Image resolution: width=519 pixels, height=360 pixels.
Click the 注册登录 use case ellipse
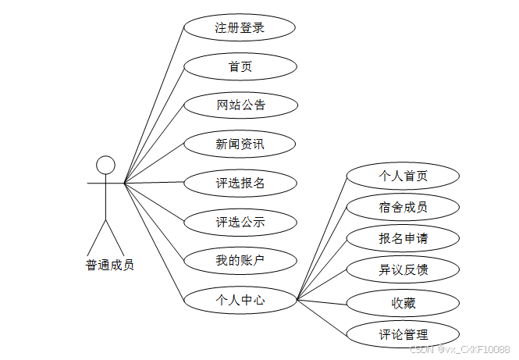[x=240, y=28]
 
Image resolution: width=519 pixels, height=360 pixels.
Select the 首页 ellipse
[x=240, y=66]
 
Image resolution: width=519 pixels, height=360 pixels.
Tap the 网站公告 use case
[x=240, y=105]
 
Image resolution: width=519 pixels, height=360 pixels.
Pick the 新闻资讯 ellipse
[x=240, y=144]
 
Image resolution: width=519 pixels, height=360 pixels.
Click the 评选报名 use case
[x=240, y=183]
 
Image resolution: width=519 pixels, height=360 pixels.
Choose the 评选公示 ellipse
[x=240, y=222]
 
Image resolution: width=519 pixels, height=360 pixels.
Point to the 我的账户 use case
[x=240, y=260]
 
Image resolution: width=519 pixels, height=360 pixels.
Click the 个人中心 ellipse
[x=240, y=298]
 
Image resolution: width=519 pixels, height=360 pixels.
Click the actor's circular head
[x=105, y=165]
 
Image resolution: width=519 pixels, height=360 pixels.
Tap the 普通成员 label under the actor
[x=109, y=265]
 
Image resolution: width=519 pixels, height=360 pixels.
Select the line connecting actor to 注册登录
[x=155, y=105]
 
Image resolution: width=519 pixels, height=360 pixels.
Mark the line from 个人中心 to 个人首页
[x=322, y=237]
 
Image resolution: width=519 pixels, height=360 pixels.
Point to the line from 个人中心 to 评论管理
[x=322, y=315]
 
